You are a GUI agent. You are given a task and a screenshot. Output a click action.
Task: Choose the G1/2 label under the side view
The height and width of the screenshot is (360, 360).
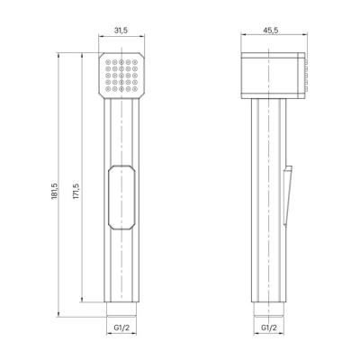pos(268,330)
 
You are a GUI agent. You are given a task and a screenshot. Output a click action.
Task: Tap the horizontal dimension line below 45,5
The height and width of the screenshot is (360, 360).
pos(275,39)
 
